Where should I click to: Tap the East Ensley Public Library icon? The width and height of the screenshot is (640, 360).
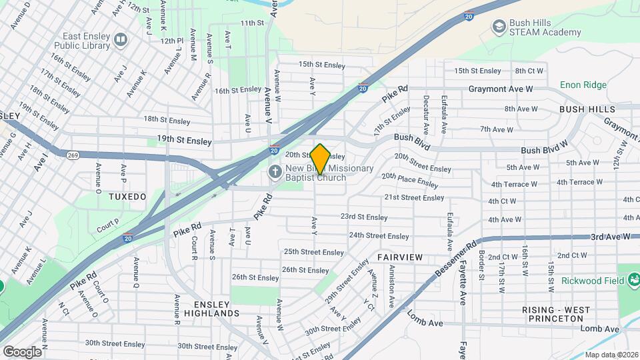[120, 41]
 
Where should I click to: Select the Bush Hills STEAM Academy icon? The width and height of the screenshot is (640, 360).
[498, 27]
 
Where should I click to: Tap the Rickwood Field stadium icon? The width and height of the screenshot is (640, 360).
[633, 279]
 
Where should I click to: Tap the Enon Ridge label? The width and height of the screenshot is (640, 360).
[583, 85]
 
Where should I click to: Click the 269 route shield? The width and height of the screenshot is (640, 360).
[73, 154]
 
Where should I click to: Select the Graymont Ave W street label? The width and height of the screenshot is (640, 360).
[500, 88]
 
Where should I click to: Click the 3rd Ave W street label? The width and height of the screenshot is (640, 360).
[611, 237]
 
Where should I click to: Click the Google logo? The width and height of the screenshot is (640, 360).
[22, 351]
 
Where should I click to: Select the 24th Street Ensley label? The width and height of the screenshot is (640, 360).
[379, 235]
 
